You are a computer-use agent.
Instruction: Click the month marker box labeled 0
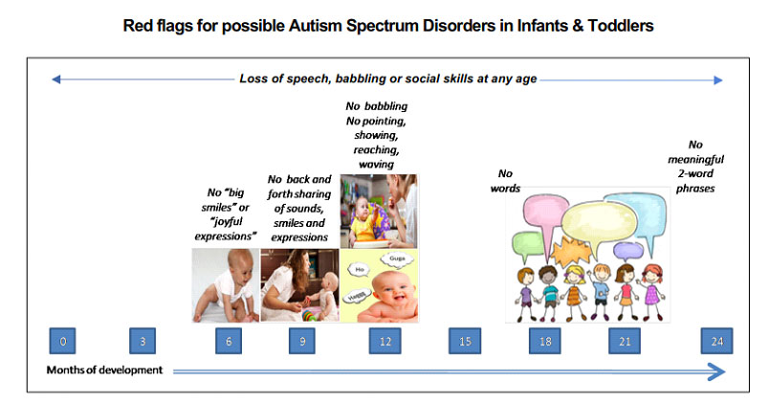click(x=62, y=341)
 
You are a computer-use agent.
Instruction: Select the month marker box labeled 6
click(x=229, y=341)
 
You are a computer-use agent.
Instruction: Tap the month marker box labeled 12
click(x=385, y=341)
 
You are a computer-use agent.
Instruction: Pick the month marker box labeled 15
click(x=465, y=341)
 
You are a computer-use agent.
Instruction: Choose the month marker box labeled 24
click(x=717, y=341)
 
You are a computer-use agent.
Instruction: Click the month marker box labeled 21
click(x=625, y=341)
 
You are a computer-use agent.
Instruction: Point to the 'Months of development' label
click(x=104, y=370)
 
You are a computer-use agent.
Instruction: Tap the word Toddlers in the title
click(x=621, y=26)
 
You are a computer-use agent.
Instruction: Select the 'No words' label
click(x=505, y=181)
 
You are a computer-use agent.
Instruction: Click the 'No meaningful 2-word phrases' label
click(x=695, y=167)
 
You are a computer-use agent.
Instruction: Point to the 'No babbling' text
click(x=377, y=106)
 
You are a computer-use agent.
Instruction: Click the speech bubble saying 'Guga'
click(x=397, y=258)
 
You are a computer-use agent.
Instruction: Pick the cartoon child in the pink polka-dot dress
click(x=651, y=293)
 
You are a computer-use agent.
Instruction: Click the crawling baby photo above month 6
click(x=226, y=285)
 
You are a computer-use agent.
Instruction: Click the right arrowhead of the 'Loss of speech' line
click(x=718, y=80)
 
